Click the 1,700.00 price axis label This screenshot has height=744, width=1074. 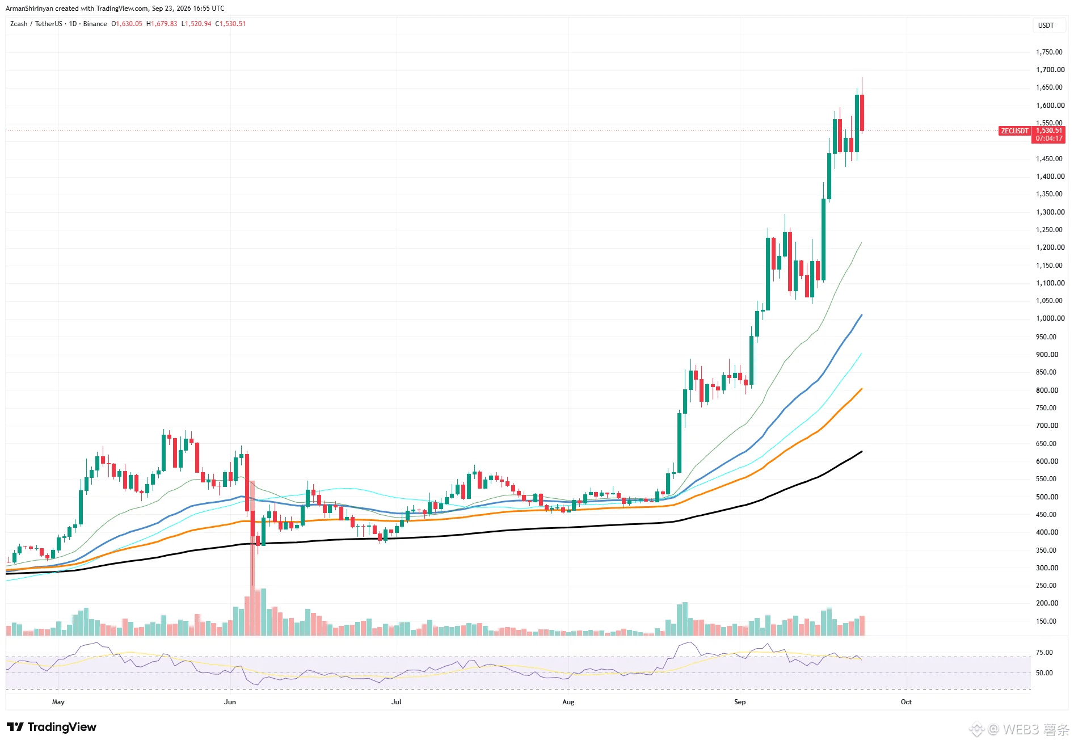(x=1050, y=70)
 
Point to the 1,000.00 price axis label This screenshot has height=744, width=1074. (x=1050, y=318)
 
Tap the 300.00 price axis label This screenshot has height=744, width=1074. (x=1047, y=568)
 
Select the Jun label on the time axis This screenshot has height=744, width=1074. (x=230, y=702)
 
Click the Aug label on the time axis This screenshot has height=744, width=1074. (x=568, y=702)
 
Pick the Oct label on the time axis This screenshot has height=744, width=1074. (x=906, y=702)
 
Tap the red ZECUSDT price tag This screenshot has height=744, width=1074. (x=1014, y=131)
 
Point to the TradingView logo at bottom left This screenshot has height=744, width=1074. (x=52, y=727)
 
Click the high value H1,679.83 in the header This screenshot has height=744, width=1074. (x=162, y=24)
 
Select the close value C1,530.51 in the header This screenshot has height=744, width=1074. (x=230, y=24)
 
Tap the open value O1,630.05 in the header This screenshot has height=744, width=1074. (x=127, y=24)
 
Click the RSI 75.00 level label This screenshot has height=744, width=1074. (x=1044, y=653)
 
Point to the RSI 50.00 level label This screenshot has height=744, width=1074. (x=1044, y=673)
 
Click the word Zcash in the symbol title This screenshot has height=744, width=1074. (x=19, y=24)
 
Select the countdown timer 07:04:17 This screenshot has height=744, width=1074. (x=1048, y=138)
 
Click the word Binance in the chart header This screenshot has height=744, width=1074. (x=95, y=24)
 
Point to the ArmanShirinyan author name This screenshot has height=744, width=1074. (x=30, y=9)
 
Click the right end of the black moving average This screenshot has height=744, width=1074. (x=862, y=452)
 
